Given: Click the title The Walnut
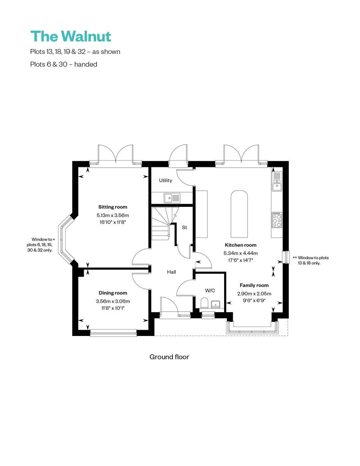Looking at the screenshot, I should [71, 36].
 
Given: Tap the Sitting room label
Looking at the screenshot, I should [113, 207].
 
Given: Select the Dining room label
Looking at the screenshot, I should [113, 293].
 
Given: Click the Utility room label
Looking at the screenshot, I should [166, 180].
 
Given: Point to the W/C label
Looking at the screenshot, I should [210, 290].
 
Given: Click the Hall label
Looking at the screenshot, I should [171, 272].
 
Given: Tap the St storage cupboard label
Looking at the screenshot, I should [184, 228].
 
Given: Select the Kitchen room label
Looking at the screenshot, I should [241, 245].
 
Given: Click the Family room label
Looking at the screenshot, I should [254, 285].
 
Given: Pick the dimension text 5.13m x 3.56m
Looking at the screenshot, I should [113, 215].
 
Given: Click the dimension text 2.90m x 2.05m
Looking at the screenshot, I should [254, 293].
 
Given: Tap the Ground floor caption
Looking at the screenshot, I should [169, 357].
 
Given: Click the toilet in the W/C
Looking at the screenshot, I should [204, 302].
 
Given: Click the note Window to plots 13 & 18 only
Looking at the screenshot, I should [311, 260].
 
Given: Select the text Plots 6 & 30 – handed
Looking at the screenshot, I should [64, 64].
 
